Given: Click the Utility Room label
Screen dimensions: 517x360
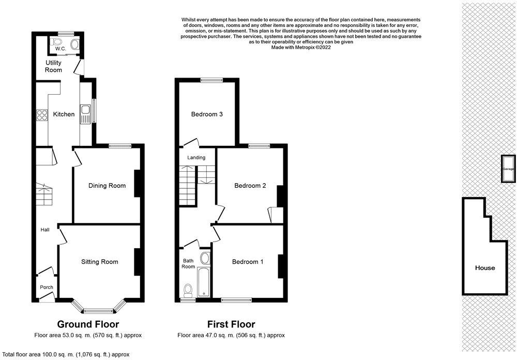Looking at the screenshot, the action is point(53,66).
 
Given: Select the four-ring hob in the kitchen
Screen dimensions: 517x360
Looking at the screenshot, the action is point(42,115).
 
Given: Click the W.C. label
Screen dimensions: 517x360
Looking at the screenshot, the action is point(60,49).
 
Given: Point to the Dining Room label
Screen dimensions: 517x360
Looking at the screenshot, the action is point(107,186).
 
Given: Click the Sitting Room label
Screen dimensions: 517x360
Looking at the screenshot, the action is point(100,262).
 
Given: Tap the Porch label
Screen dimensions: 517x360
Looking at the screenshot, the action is point(47,288).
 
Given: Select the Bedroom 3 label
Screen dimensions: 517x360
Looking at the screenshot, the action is point(207,114).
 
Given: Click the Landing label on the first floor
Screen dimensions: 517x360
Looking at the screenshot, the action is point(196,158).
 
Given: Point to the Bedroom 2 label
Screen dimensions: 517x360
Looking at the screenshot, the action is point(250,186).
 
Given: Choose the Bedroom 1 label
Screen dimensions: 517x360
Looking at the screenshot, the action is point(248,262).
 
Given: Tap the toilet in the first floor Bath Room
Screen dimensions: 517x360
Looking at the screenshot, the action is point(188,290).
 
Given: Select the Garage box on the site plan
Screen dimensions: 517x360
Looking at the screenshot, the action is point(508,169).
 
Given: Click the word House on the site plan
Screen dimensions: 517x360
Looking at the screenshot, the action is point(485,268).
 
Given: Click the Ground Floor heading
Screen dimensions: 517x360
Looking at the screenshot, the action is point(88,324).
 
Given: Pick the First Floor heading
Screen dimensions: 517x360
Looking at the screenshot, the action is point(231,324).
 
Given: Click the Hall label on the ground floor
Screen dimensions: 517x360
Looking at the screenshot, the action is point(45,230).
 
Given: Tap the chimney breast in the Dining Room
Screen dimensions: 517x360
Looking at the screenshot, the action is point(137,184).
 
